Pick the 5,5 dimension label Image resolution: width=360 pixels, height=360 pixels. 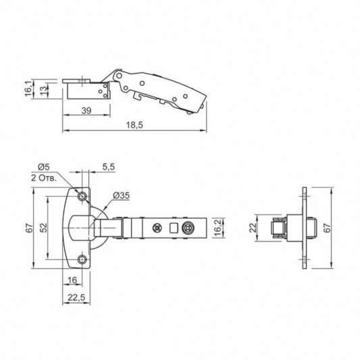click(x=109, y=166)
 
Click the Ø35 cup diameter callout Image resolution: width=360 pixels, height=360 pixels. click(x=122, y=196)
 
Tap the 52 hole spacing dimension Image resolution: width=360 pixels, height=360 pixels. click(x=43, y=228)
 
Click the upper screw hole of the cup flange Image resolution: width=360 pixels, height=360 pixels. click(x=82, y=196)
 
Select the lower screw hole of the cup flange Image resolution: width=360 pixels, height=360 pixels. click(x=82, y=259)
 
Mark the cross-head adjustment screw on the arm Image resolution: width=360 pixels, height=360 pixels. click(x=158, y=228)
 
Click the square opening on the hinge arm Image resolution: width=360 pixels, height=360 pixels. click(x=174, y=228)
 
